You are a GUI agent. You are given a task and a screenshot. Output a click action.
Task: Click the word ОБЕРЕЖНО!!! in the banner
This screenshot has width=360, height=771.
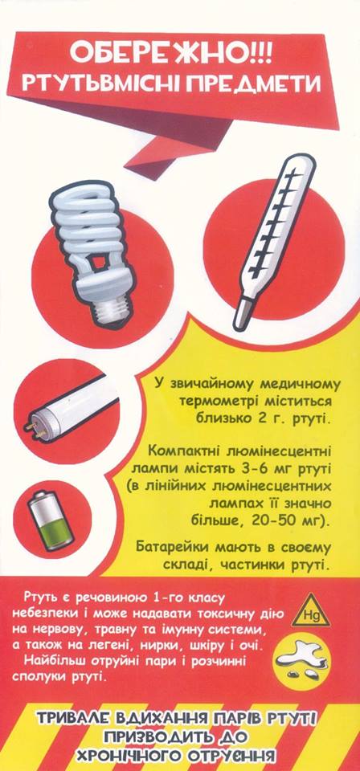point(170,53)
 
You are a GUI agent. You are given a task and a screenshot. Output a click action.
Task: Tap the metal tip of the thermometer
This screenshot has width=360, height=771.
point(241,315)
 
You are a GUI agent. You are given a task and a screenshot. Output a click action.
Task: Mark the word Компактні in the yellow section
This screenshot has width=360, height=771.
point(181,450)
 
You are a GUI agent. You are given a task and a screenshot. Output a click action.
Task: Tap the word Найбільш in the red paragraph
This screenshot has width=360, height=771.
point(53,660)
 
